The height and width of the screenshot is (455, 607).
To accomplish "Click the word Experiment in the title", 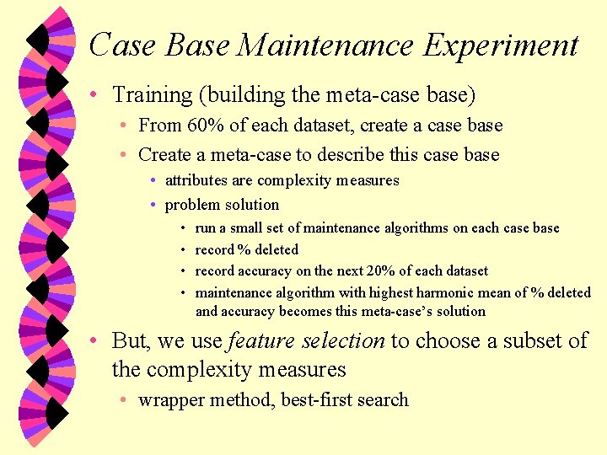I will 501,45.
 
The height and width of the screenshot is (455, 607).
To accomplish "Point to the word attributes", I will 196,180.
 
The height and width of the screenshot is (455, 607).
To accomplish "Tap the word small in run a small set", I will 244,228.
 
